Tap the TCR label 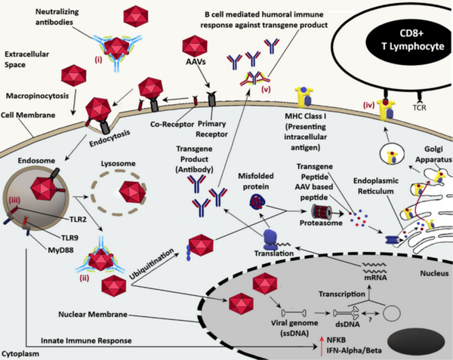click(419, 107)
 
